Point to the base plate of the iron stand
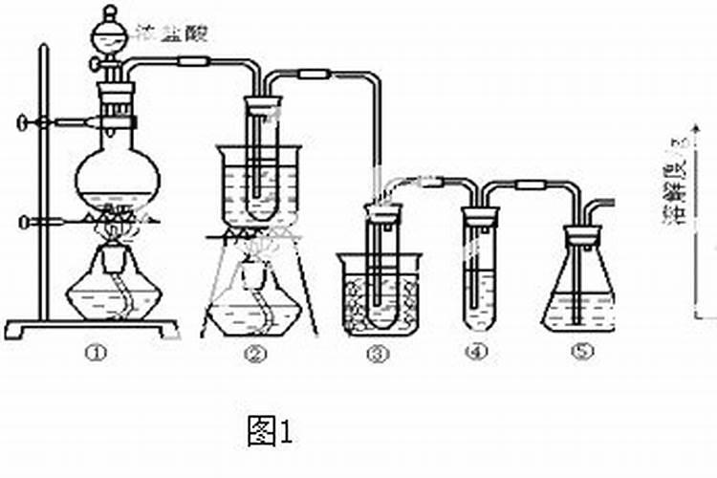tap(92, 328)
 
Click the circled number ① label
tap(93, 354)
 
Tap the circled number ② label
tap(254, 354)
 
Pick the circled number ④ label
tap(476, 352)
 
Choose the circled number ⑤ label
tap(582, 352)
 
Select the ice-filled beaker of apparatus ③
tap(380, 292)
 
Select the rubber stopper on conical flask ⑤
tap(581, 231)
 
